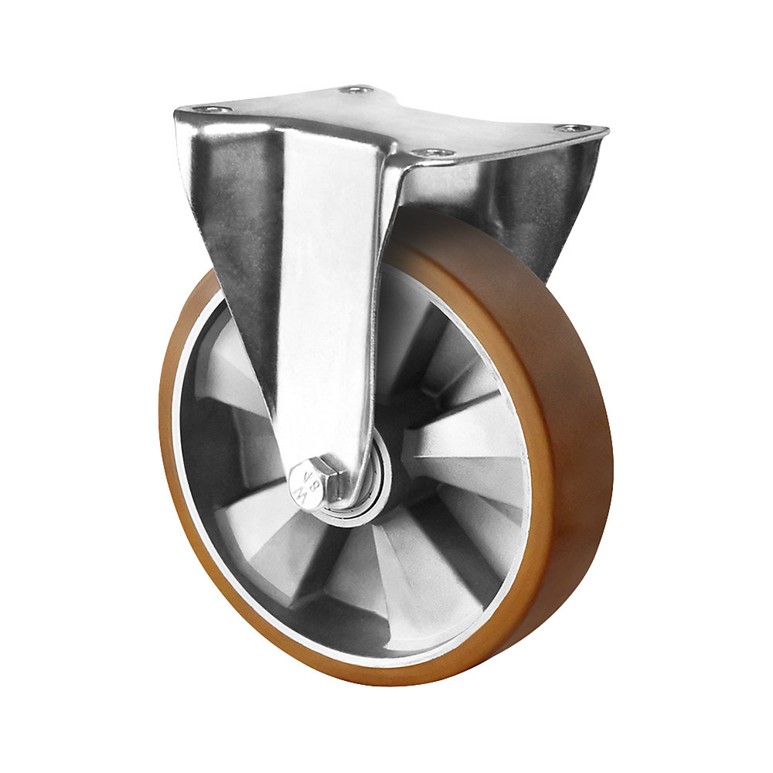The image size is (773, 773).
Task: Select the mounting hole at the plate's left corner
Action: [x=210, y=110]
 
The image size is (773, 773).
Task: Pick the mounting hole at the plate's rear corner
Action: [x=356, y=90]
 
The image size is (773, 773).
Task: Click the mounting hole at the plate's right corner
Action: [x=570, y=128]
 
